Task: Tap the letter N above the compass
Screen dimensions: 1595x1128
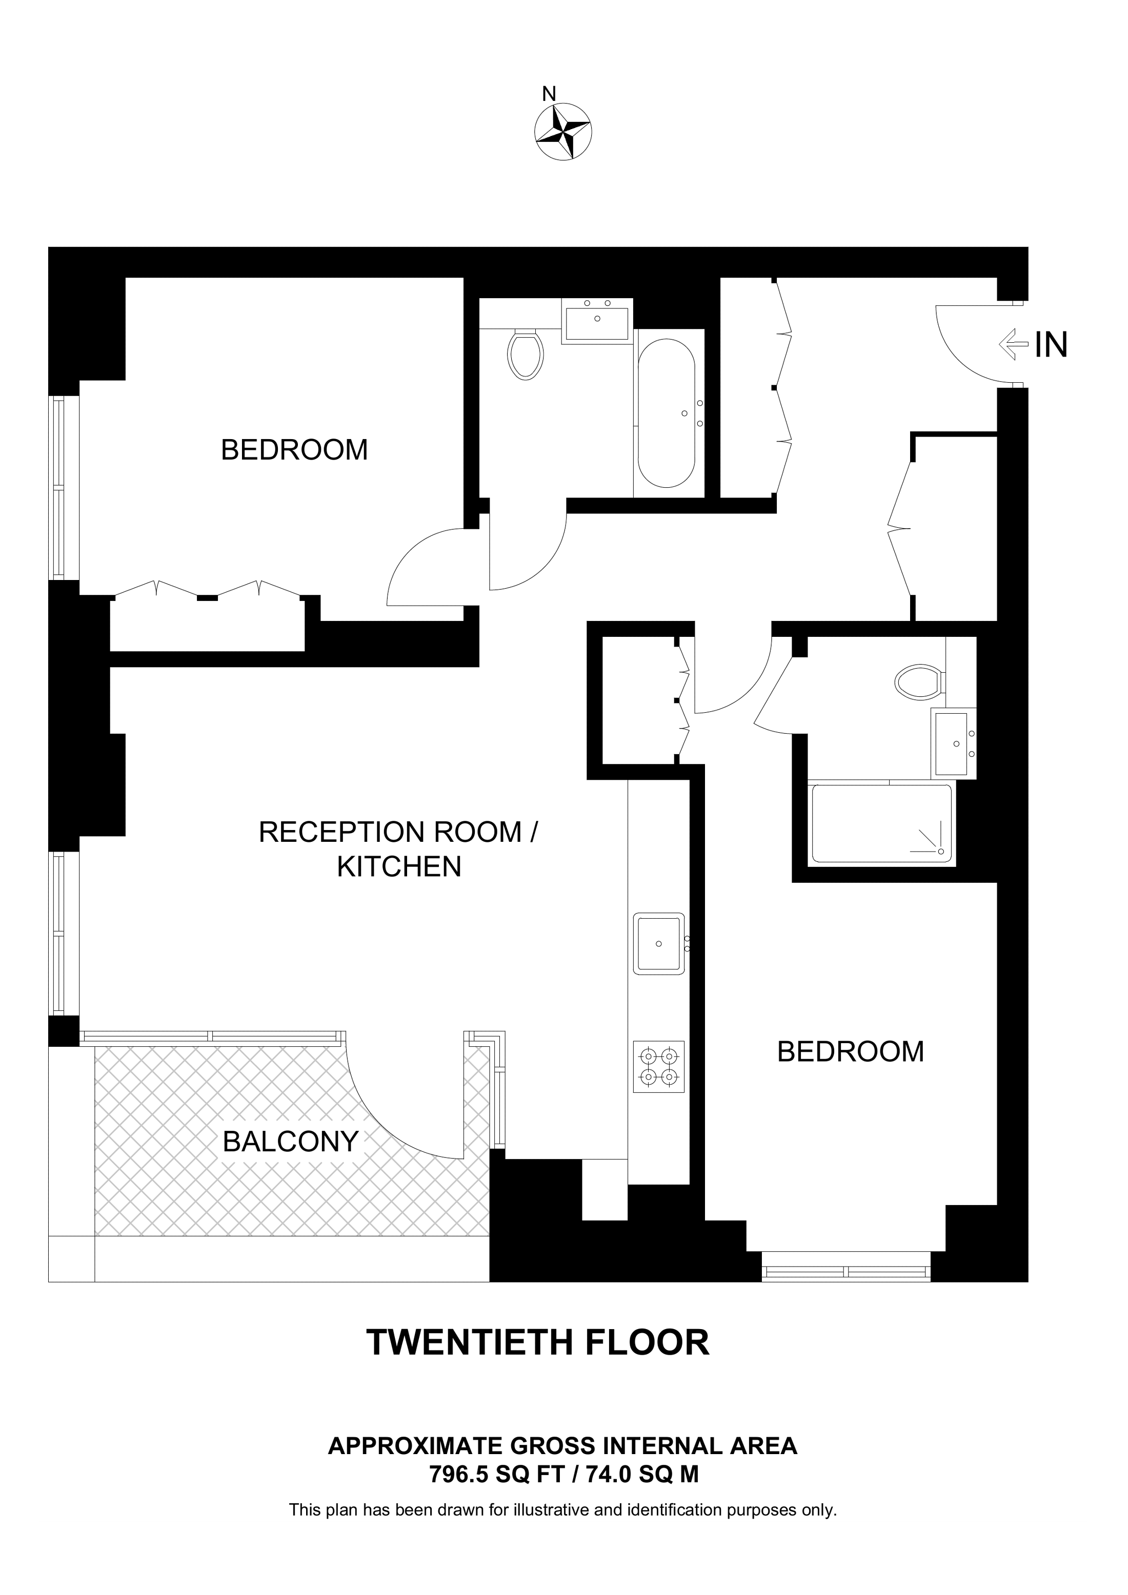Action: coord(549,94)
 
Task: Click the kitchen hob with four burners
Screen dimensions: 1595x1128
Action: coord(659,1066)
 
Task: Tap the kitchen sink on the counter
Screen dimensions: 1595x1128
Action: coord(658,943)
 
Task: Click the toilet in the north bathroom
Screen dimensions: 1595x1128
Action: coord(526,354)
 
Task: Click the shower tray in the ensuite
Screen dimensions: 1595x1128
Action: coord(881,823)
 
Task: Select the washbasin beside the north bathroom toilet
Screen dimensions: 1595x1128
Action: coord(596,320)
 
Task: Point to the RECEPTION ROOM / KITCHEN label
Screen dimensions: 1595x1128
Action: coord(399,849)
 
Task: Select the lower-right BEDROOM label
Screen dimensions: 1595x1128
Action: coord(850,1051)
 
